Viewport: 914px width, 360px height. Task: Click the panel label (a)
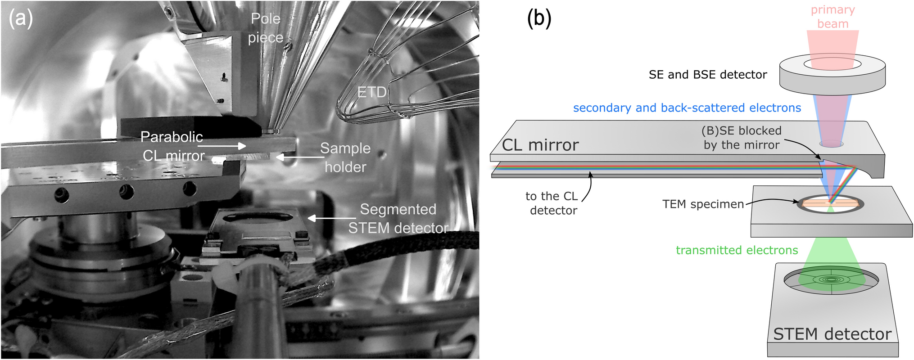click(x=21, y=19)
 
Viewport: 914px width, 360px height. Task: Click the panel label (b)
click(x=539, y=19)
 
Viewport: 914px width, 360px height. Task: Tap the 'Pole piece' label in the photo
click(x=266, y=28)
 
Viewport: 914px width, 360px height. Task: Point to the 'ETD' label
click(x=372, y=92)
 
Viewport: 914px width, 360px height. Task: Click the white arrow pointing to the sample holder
click(x=297, y=157)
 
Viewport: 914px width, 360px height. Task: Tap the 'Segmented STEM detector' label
click(x=398, y=219)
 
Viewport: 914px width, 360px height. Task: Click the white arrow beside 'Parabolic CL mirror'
click(x=222, y=146)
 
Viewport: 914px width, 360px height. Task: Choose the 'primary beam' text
click(x=833, y=17)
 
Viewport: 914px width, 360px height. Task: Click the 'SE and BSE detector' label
click(x=707, y=75)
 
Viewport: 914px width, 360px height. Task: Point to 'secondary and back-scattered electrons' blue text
click(x=687, y=108)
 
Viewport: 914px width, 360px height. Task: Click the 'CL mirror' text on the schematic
click(x=540, y=145)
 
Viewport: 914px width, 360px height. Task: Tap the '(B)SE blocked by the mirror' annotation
click(x=741, y=138)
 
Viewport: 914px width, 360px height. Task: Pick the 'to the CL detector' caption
click(x=552, y=203)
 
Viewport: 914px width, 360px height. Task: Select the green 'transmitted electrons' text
click(x=737, y=250)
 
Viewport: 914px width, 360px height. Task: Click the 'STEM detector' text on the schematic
click(x=832, y=334)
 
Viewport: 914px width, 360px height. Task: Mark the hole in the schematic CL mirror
click(x=831, y=144)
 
